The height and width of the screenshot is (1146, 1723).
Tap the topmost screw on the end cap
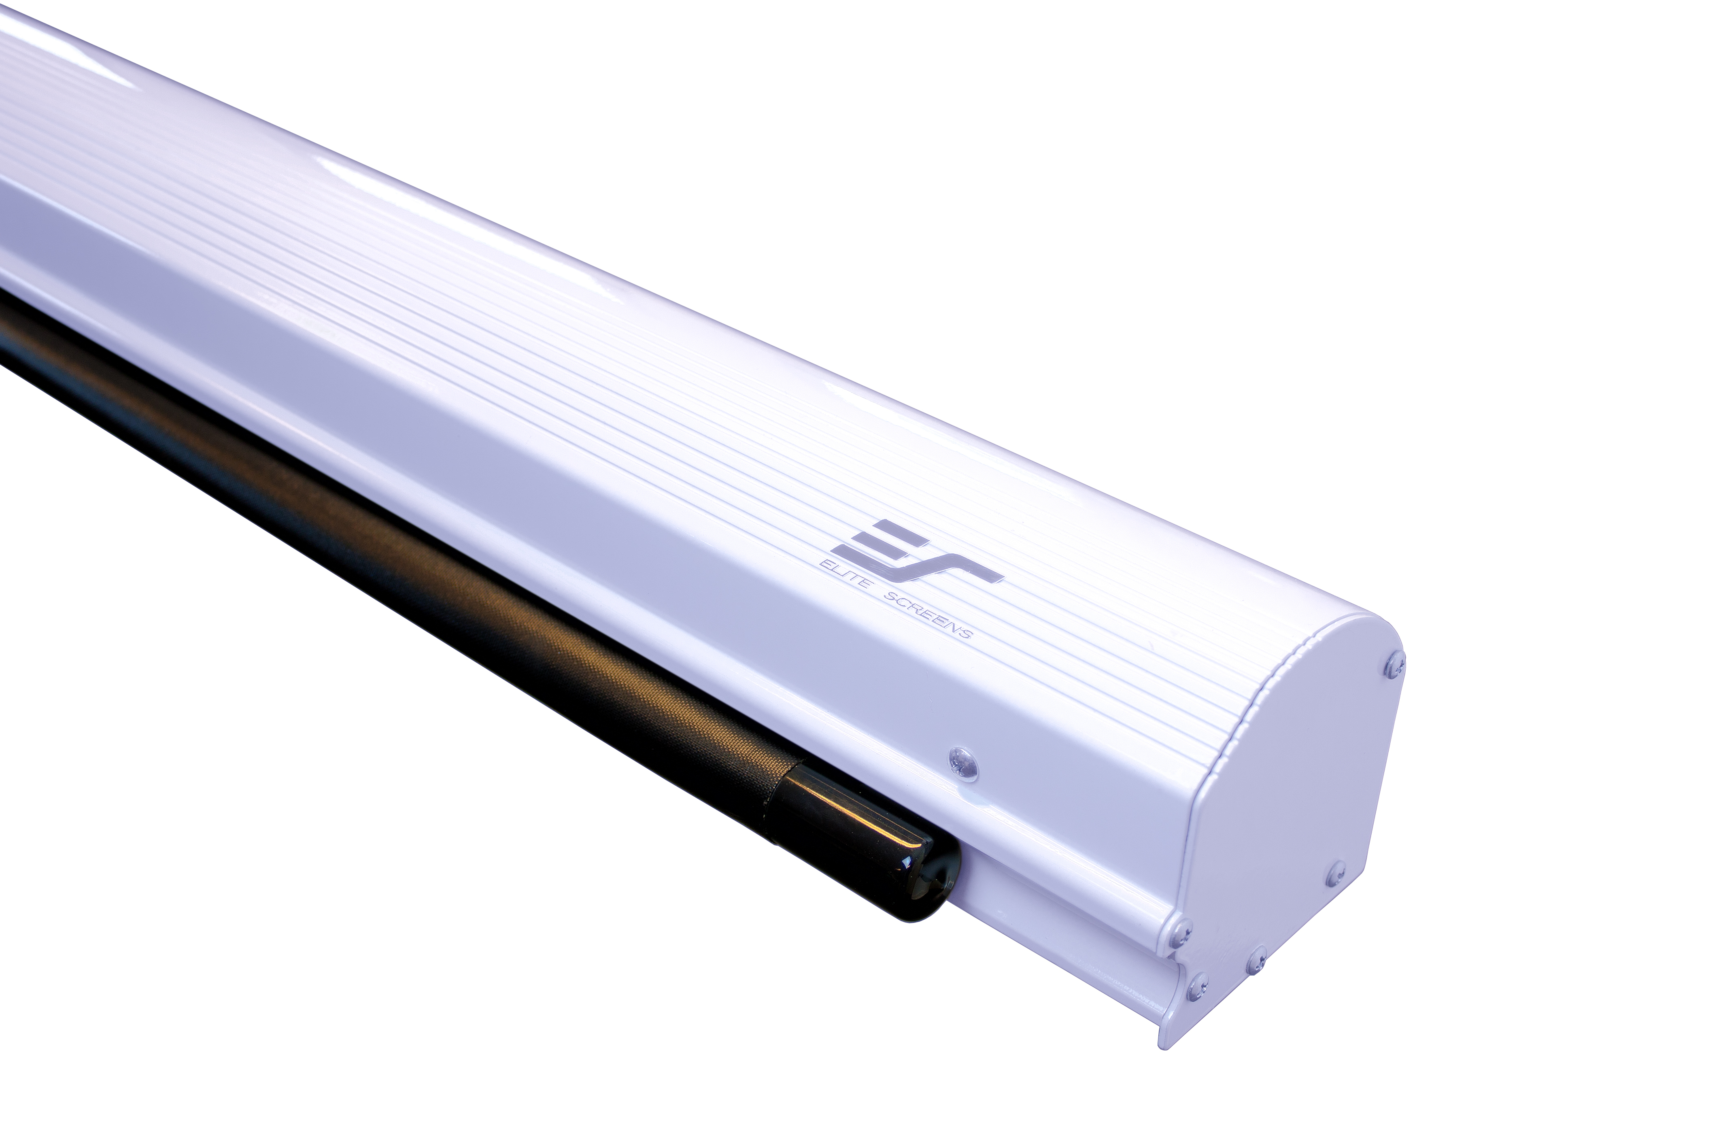[1394, 664]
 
